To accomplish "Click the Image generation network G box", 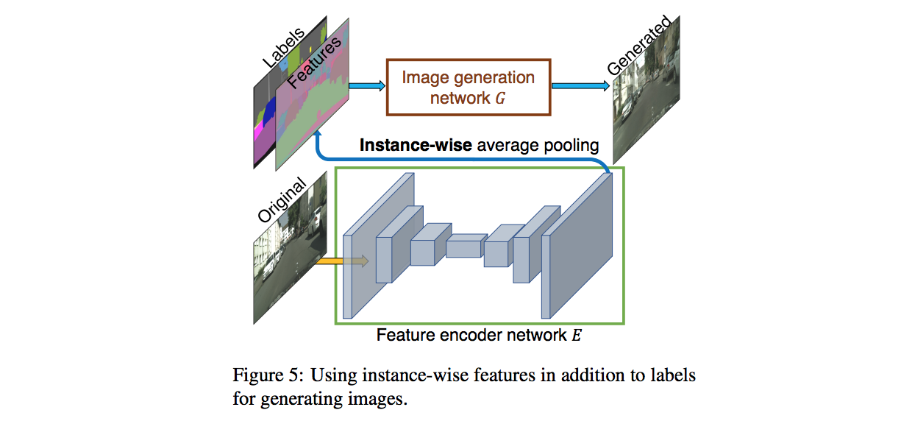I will pos(468,87).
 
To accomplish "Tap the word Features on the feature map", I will pos(315,63).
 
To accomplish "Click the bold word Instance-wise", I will pos(416,145).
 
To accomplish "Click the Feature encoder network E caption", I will pos(479,336).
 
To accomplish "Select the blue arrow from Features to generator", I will pos(367,86).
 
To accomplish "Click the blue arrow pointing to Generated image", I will pos(580,86).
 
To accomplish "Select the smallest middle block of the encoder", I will pos(466,246).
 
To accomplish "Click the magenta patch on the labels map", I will pos(259,133).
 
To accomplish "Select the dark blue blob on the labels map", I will pos(270,113).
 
